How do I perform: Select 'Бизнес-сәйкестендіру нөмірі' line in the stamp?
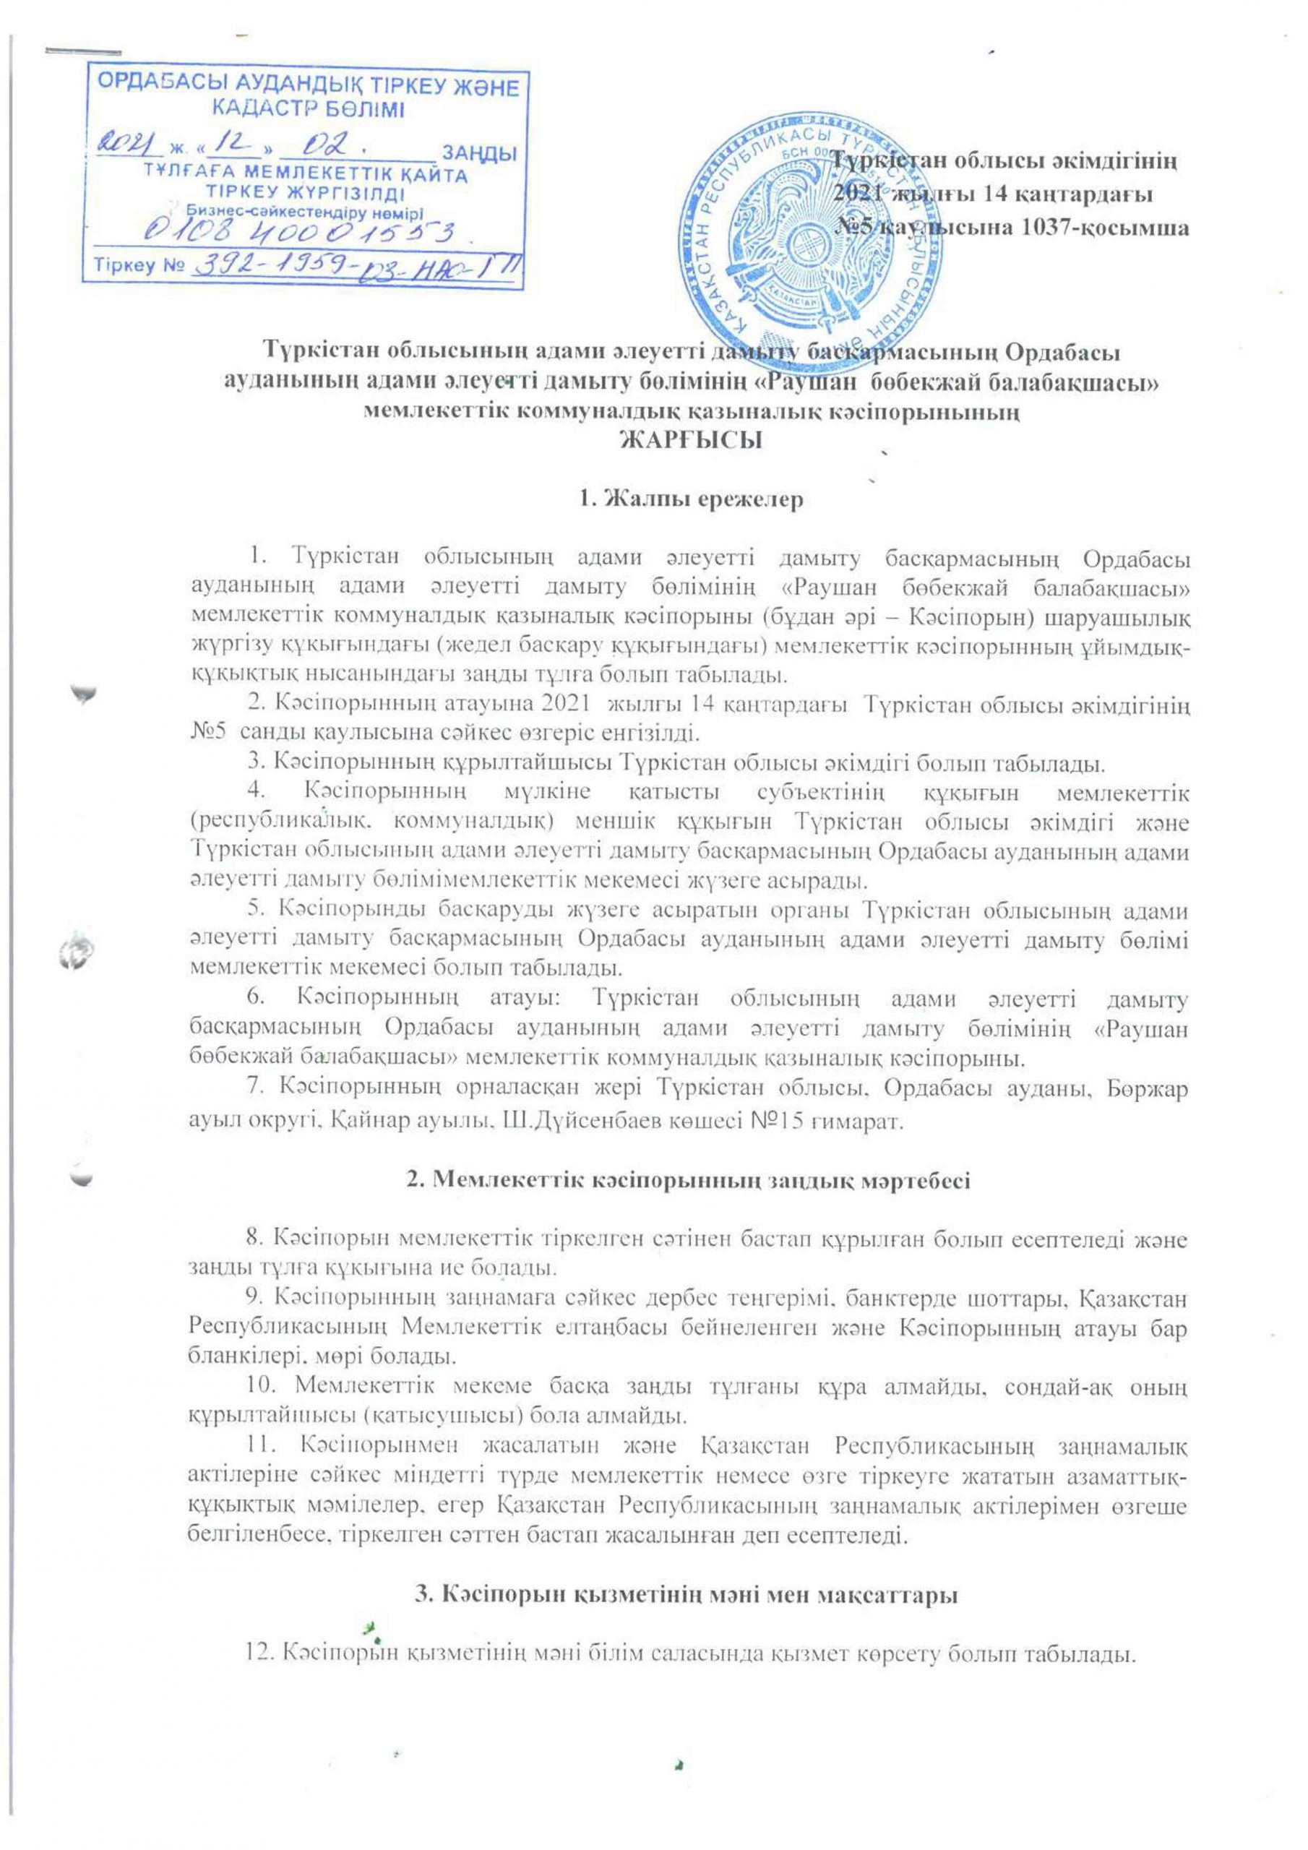[x=308, y=211]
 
